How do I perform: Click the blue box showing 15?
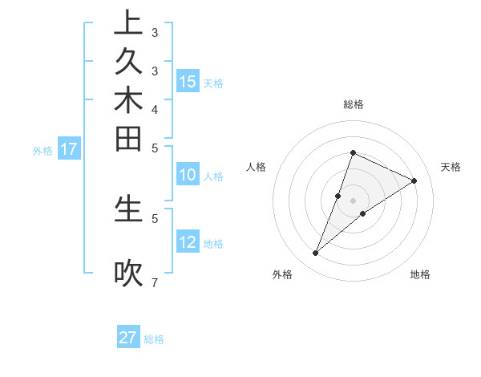click(x=188, y=81)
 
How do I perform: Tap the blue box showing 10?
click(x=188, y=175)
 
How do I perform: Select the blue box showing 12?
click(x=188, y=242)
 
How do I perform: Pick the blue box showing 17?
click(x=69, y=148)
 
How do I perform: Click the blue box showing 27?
click(x=128, y=338)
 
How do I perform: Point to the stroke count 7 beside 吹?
click(x=154, y=282)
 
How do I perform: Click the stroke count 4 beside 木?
click(x=154, y=108)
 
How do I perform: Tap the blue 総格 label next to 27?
click(x=154, y=339)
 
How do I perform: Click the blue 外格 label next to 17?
click(x=42, y=150)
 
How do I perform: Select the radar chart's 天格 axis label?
click(x=451, y=167)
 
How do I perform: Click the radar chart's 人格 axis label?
click(x=257, y=167)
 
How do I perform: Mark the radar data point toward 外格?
click(x=316, y=253)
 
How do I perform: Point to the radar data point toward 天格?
click(x=414, y=181)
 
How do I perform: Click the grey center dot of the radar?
click(x=354, y=201)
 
